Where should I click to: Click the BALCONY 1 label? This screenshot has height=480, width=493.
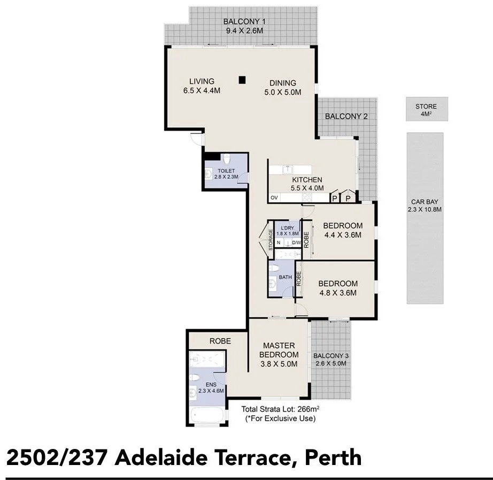tap(244, 26)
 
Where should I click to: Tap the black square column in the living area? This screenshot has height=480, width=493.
tap(242, 80)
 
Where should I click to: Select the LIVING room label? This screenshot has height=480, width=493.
tap(202, 86)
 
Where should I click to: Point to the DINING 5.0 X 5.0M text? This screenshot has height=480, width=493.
tap(282, 87)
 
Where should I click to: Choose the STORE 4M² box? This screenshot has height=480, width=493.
tap(426, 110)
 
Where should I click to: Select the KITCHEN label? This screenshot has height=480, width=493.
tap(306, 184)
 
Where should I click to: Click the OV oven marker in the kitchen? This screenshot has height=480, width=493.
tap(274, 198)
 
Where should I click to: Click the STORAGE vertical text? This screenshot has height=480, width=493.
tap(271, 240)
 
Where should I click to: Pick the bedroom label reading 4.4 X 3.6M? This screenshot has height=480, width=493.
tap(343, 230)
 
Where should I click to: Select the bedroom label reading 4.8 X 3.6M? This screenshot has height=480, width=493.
tap(337, 288)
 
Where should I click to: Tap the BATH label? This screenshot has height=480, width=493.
tap(286, 277)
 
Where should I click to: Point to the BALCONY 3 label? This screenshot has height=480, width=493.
tap(331, 360)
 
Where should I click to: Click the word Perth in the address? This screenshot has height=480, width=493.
tap(334, 458)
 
